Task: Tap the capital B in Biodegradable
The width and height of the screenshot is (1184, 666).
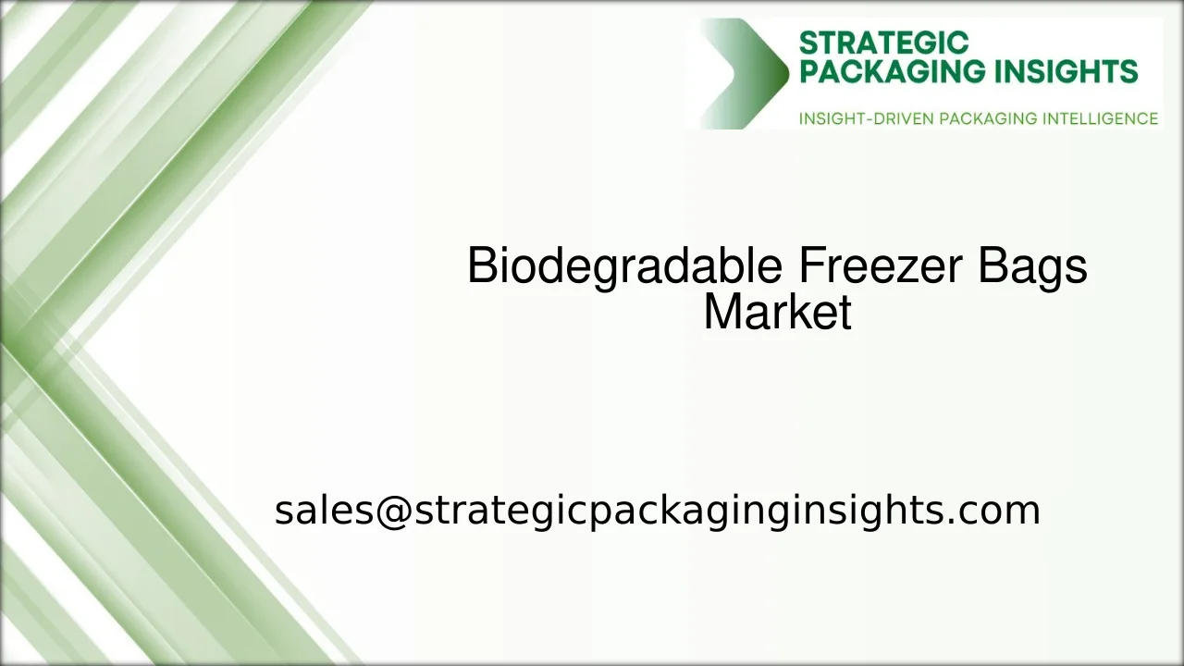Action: (483, 266)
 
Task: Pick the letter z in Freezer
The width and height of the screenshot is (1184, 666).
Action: (908, 270)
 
